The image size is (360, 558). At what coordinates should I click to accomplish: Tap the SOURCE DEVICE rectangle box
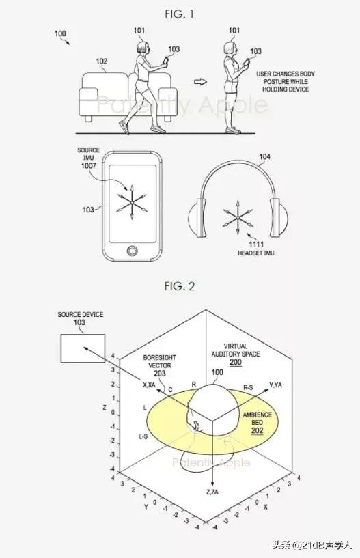pyautogui.click(x=82, y=349)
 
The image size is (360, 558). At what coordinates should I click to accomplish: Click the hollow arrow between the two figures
pyautogui.click(x=199, y=83)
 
